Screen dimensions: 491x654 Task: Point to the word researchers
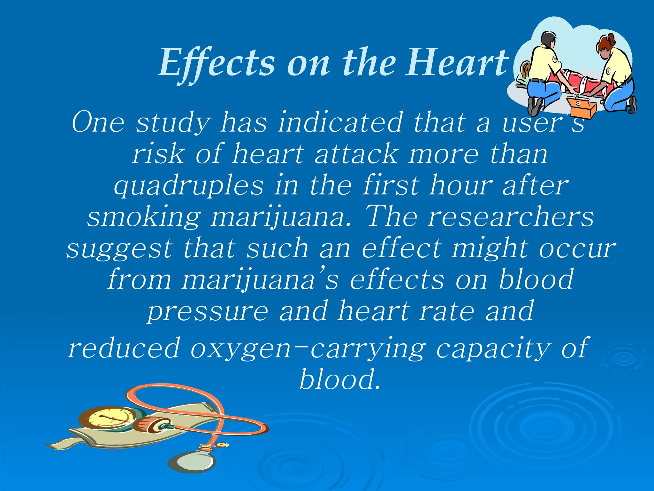pyautogui.click(x=511, y=217)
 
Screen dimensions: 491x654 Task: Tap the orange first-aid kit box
pyautogui.click(x=581, y=107)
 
